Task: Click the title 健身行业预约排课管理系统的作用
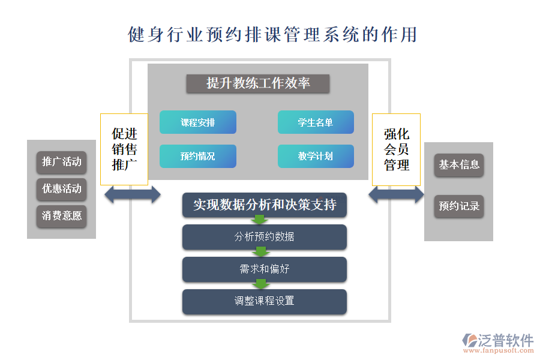(x=272, y=34)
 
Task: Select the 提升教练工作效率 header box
(x=257, y=83)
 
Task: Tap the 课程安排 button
(x=197, y=122)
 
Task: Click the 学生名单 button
(x=316, y=122)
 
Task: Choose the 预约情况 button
(x=197, y=157)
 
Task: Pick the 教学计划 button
(x=316, y=157)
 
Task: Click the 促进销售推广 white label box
(x=124, y=149)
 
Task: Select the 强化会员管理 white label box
(x=396, y=149)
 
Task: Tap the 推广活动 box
(x=61, y=161)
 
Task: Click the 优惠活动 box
(x=61, y=189)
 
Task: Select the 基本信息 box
(x=459, y=164)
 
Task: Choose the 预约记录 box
(x=459, y=206)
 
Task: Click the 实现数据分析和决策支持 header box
(x=265, y=205)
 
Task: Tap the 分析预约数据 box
(x=265, y=236)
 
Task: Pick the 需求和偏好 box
(x=265, y=269)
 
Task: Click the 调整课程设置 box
(x=265, y=301)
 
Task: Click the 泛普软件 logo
(x=497, y=343)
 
